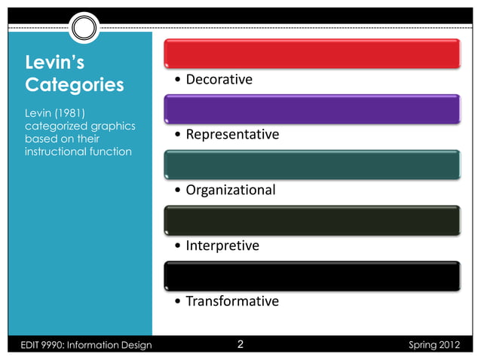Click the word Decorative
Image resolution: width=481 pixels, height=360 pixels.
(x=219, y=80)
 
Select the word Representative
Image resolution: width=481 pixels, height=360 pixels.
(x=232, y=135)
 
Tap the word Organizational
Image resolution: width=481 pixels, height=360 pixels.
(x=230, y=191)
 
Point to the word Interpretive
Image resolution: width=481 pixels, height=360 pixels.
(x=222, y=246)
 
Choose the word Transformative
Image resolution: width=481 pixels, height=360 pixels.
(x=232, y=301)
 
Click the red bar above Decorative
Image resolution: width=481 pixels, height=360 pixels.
(x=311, y=52)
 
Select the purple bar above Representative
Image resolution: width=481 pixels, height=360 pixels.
(x=311, y=108)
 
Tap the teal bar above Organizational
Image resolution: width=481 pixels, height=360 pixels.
(x=311, y=164)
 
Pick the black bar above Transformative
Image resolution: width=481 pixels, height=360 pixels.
(x=311, y=275)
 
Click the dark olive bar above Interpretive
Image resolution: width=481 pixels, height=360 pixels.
(x=311, y=220)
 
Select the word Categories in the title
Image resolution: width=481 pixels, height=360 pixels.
(x=75, y=84)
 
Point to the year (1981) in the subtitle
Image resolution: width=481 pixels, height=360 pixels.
(x=74, y=113)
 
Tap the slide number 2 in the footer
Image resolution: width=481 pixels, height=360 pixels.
(x=240, y=346)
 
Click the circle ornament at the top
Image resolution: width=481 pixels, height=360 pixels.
(x=85, y=29)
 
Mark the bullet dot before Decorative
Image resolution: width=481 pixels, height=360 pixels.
(x=176, y=81)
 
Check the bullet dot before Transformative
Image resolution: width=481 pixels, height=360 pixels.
(x=176, y=302)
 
